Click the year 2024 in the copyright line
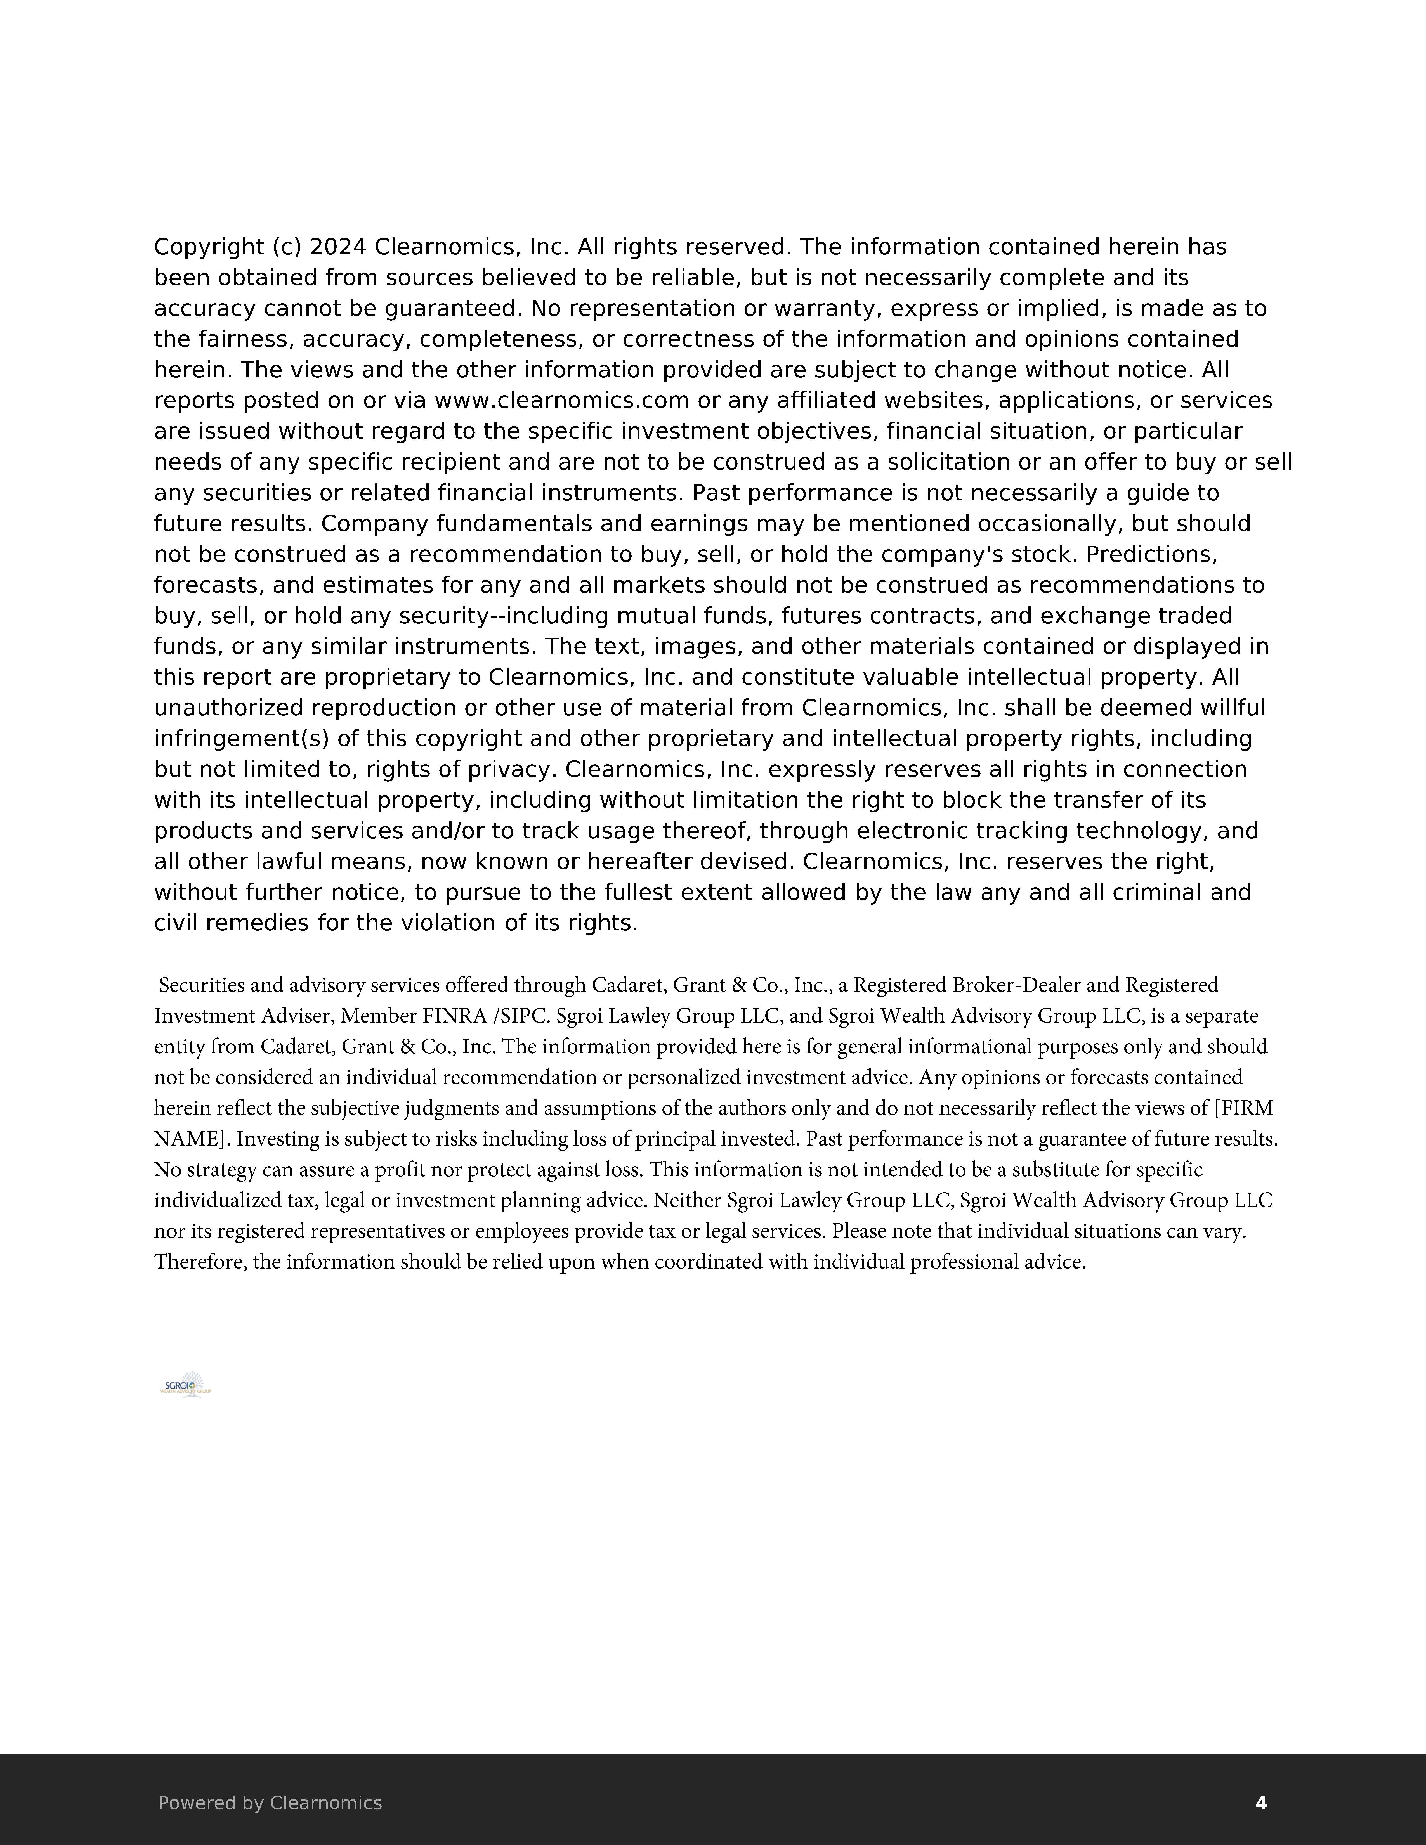click(338, 247)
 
